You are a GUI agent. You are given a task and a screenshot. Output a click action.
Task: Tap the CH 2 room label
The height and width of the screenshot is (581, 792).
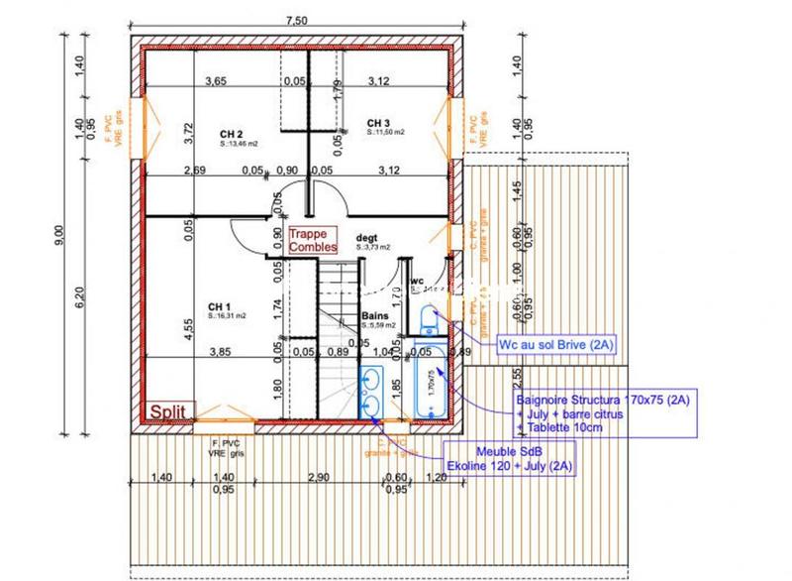point(233,134)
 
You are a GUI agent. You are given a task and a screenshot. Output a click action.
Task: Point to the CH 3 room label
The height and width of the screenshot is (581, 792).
point(377,122)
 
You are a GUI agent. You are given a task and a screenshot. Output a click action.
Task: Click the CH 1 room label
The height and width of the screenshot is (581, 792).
point(219,306)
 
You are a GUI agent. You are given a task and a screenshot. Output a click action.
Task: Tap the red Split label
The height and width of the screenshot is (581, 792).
point(170,411)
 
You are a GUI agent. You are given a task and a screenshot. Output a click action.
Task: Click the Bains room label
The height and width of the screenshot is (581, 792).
point(373,316)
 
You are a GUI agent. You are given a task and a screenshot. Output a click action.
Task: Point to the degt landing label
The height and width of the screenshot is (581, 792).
point(368,239)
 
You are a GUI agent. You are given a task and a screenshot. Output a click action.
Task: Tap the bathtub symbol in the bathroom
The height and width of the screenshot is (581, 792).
point(430,382)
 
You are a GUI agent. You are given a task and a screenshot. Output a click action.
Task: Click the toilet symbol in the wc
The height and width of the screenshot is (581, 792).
point(431,318)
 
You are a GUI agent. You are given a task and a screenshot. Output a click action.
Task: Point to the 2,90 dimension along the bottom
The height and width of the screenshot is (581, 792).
point(318,478)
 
